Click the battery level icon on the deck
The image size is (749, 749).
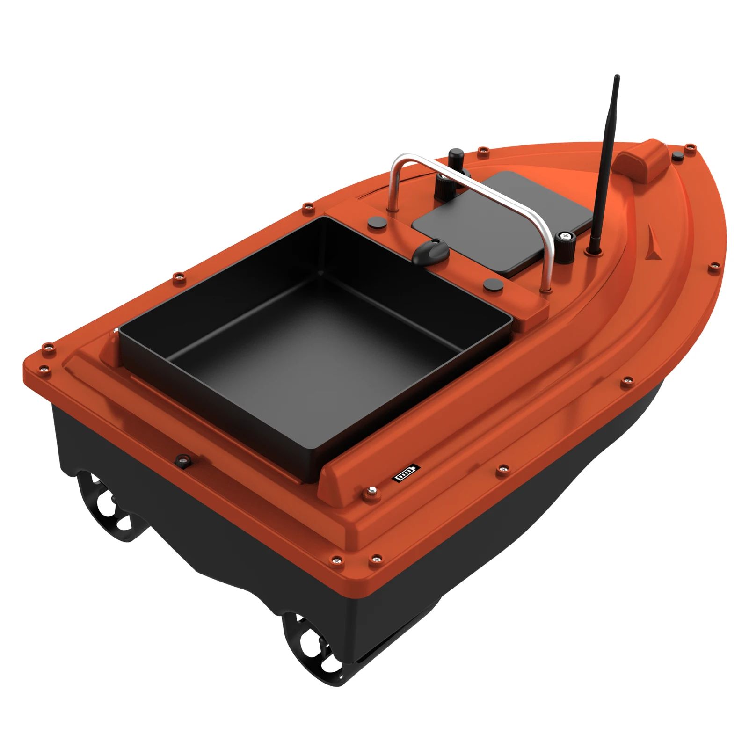pos(406,473)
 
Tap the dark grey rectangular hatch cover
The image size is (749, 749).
pos(503,220)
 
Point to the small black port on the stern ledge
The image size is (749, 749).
pos(182,461)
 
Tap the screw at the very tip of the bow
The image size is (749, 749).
pos(690,147)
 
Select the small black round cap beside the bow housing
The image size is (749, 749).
pos(676,156)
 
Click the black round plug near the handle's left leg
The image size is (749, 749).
pos(375,222)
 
